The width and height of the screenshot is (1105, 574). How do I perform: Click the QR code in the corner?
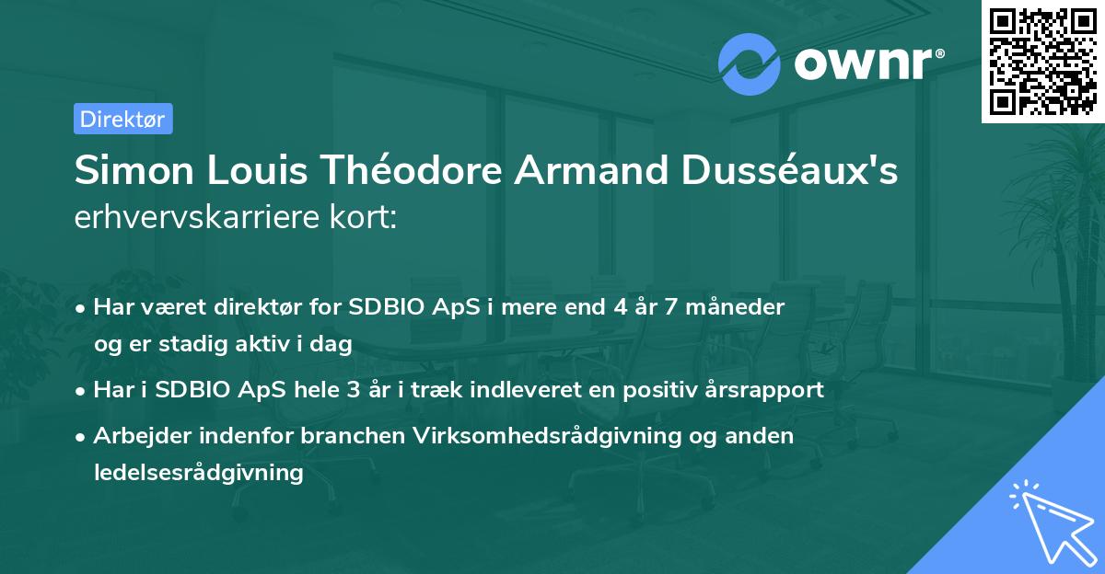pyautogui.click(x=1041, y=61)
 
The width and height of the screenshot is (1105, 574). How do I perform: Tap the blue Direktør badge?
pyautogui.click(x=122, y=119)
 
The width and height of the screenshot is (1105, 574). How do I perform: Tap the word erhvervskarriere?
pyautogui.click(x=200, y=217)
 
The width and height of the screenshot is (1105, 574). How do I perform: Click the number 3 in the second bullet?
pyautogui.click(x=353, y=389)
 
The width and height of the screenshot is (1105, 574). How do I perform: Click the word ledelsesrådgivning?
pyautogui.click(x=198, y=473)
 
